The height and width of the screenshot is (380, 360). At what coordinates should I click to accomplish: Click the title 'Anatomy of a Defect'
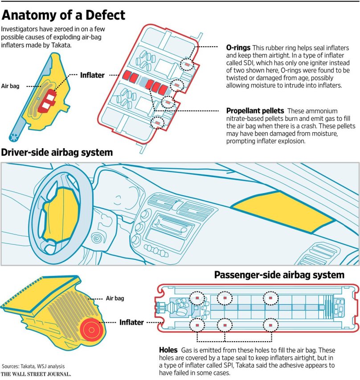coord(63,16)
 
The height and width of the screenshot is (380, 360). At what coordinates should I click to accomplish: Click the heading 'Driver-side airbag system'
coord(57,153)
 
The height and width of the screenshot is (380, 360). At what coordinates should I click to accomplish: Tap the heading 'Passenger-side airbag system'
coord(279,275)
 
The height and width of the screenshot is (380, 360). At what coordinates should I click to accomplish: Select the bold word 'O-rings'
coord(238,48)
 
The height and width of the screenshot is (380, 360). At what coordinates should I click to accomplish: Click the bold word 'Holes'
coord(169,350)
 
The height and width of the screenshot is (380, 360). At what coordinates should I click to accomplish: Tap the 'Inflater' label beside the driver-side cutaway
coord(92,75)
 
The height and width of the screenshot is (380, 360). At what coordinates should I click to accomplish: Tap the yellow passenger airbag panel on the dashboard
coord(283,208)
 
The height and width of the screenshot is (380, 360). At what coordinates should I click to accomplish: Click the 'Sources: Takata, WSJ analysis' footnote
coord(33,366)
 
